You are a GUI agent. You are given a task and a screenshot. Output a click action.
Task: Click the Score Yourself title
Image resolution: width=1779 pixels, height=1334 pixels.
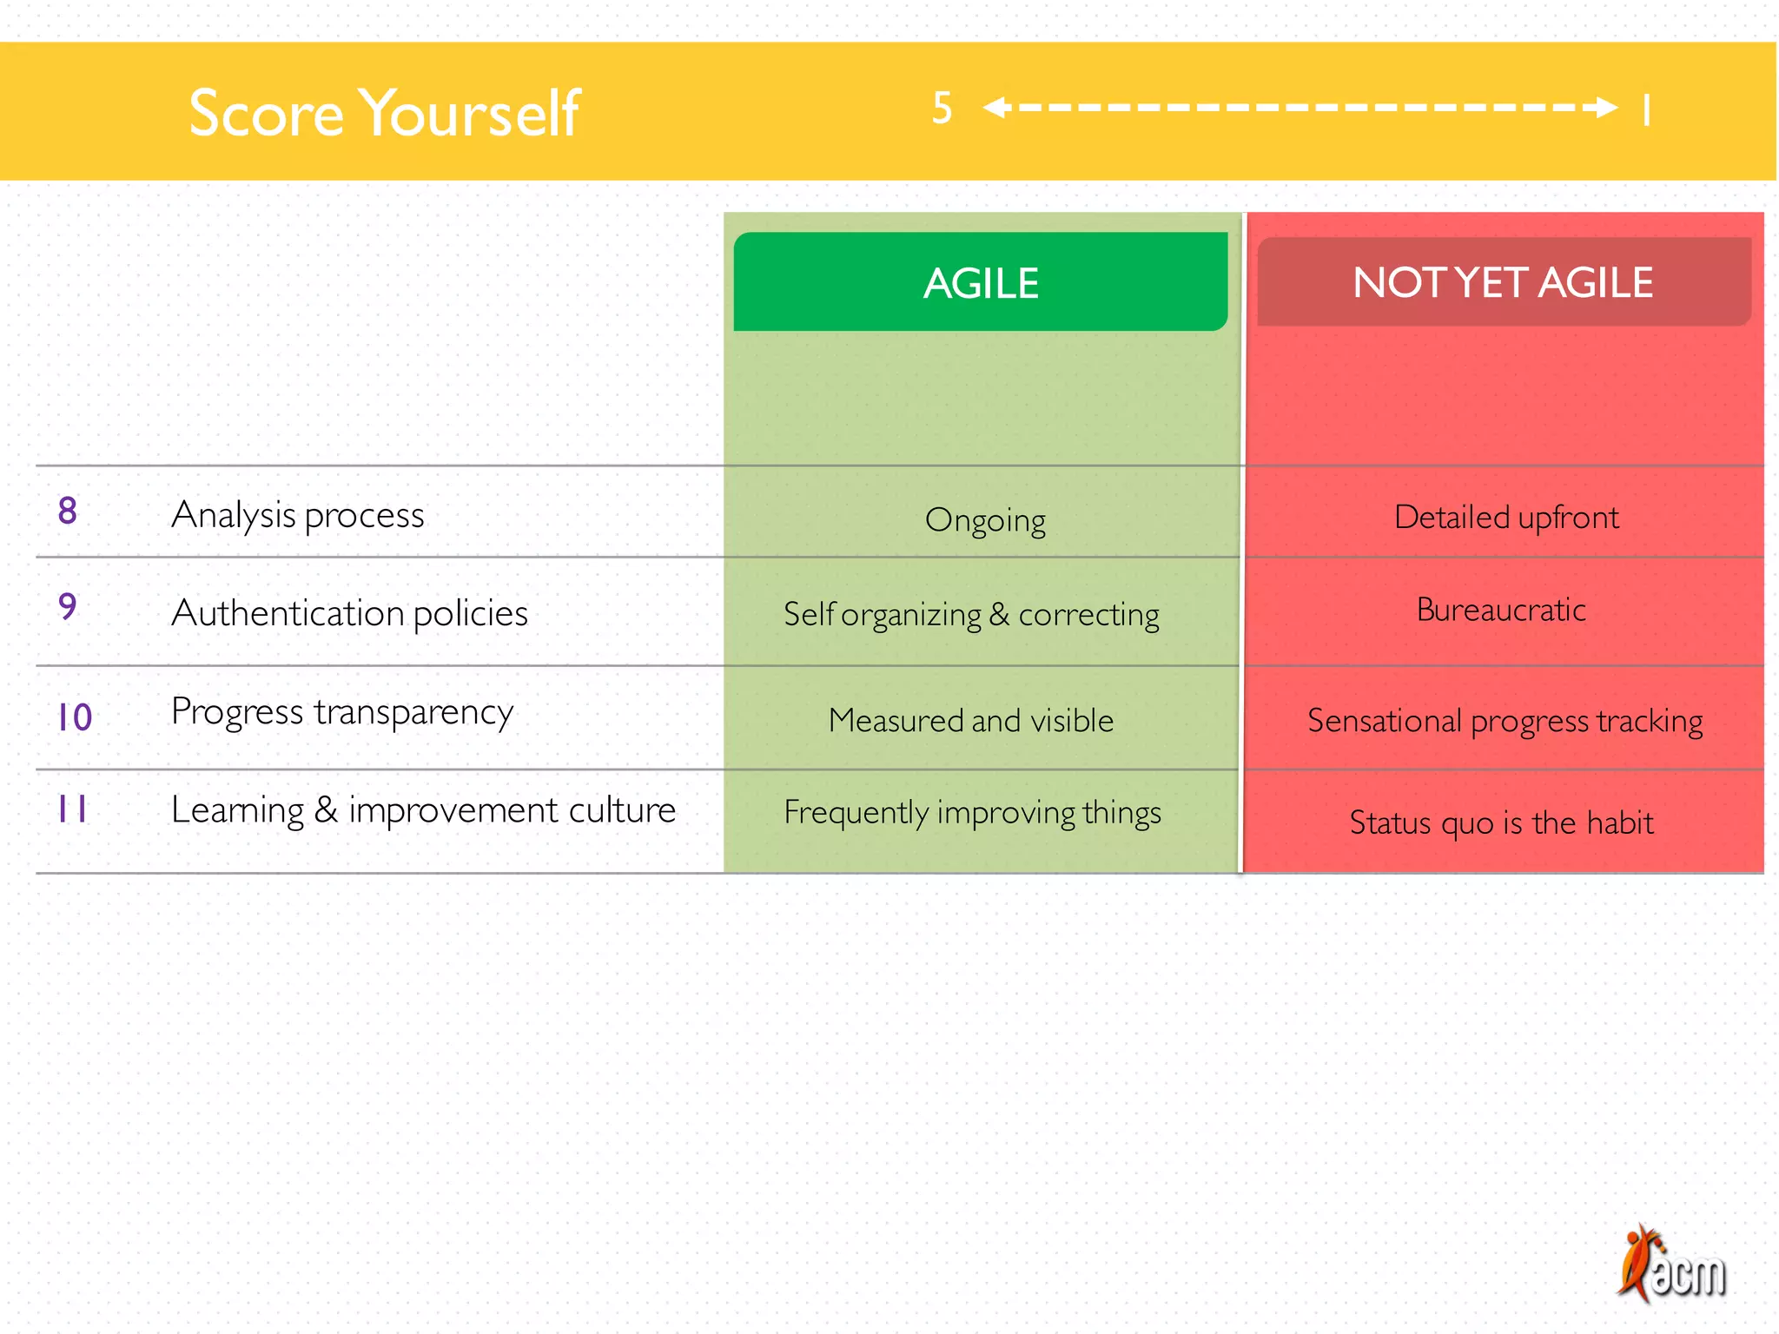(384, 113)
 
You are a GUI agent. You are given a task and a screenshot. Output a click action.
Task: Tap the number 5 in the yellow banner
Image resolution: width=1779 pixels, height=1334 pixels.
(942, 109)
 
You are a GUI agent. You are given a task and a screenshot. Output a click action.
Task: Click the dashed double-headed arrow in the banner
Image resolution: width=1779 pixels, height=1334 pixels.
(1300, 108)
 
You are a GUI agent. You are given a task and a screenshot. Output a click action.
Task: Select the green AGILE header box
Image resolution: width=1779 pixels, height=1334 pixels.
(980, 282)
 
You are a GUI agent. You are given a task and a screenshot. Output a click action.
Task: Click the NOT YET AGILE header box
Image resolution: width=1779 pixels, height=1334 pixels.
(1503, 282)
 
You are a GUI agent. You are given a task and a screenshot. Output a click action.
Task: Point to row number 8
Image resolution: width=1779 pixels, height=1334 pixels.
(68, 511)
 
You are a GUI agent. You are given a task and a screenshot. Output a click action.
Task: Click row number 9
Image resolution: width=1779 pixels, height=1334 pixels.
(68, 606)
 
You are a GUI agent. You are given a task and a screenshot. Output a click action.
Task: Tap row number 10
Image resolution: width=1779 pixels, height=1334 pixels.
(75, 717)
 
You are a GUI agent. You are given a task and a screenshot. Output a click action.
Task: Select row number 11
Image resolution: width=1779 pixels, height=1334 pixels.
(72, 809)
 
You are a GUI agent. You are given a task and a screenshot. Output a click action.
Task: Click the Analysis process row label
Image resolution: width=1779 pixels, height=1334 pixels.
(298, 515)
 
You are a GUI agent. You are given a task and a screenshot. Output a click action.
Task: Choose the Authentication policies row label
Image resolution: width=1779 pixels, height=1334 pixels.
(349, 613)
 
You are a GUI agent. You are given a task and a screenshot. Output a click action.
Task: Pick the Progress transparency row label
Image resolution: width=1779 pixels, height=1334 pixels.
(342, 712)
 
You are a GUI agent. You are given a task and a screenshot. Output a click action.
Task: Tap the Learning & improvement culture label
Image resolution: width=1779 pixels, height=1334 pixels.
(423, 810)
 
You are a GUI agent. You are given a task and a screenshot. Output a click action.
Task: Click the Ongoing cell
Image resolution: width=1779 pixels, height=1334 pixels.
(985, 520)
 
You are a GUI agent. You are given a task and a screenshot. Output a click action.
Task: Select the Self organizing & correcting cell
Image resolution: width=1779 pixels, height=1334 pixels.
(971, 615)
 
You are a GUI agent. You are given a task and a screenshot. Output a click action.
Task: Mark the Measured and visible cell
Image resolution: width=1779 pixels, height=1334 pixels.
(971, 721)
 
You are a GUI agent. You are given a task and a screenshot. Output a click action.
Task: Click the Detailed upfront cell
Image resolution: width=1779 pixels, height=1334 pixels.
(1506, 518)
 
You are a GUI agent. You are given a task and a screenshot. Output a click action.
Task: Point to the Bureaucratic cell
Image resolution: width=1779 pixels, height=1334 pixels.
(1501, 610)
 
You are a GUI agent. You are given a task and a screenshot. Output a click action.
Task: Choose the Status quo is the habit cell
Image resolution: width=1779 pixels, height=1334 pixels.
(1501, 822)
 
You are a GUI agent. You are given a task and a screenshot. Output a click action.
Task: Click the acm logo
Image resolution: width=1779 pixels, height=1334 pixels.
(1671, 1266)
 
